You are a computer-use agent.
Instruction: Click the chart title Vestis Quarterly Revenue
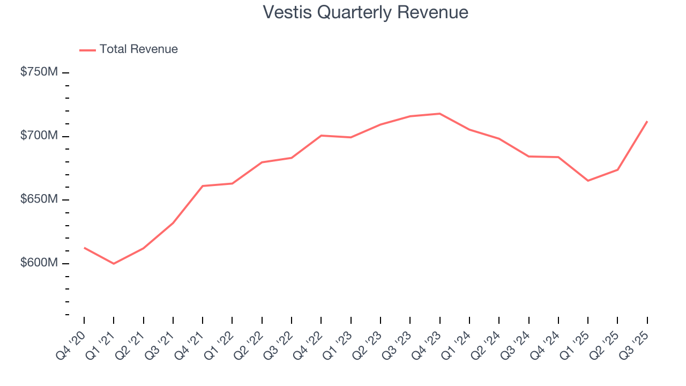click(x=366, y=12)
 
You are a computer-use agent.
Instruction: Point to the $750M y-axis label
click(x=39, y=72)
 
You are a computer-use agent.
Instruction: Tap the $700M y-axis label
click(x=39, y=136)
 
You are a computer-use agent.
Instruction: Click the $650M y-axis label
click(x=39, y=199)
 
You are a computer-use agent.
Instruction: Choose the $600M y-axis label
click(x=39, y=263)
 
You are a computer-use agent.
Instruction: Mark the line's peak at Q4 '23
click(x=439, y=114)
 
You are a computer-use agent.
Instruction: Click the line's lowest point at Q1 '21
click(x=114, y=264)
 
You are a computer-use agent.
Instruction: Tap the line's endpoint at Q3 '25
click(x=647, y=122)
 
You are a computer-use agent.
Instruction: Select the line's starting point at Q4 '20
click(x=84, y=248)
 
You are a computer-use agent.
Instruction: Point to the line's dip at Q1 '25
click(x=588, y=181)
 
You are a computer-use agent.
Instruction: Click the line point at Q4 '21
click(x=203, y=186)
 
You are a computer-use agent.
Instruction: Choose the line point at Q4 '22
click(x=321, y=136)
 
